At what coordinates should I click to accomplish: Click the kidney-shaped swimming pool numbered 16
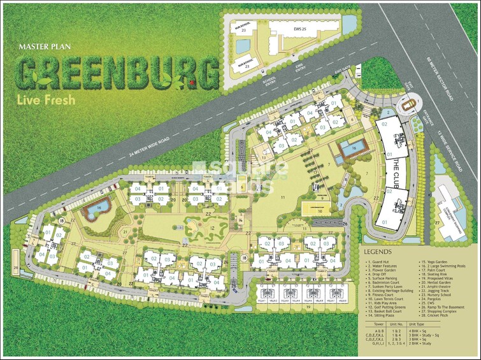(97, 208)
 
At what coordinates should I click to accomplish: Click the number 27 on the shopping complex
(438, 223)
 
